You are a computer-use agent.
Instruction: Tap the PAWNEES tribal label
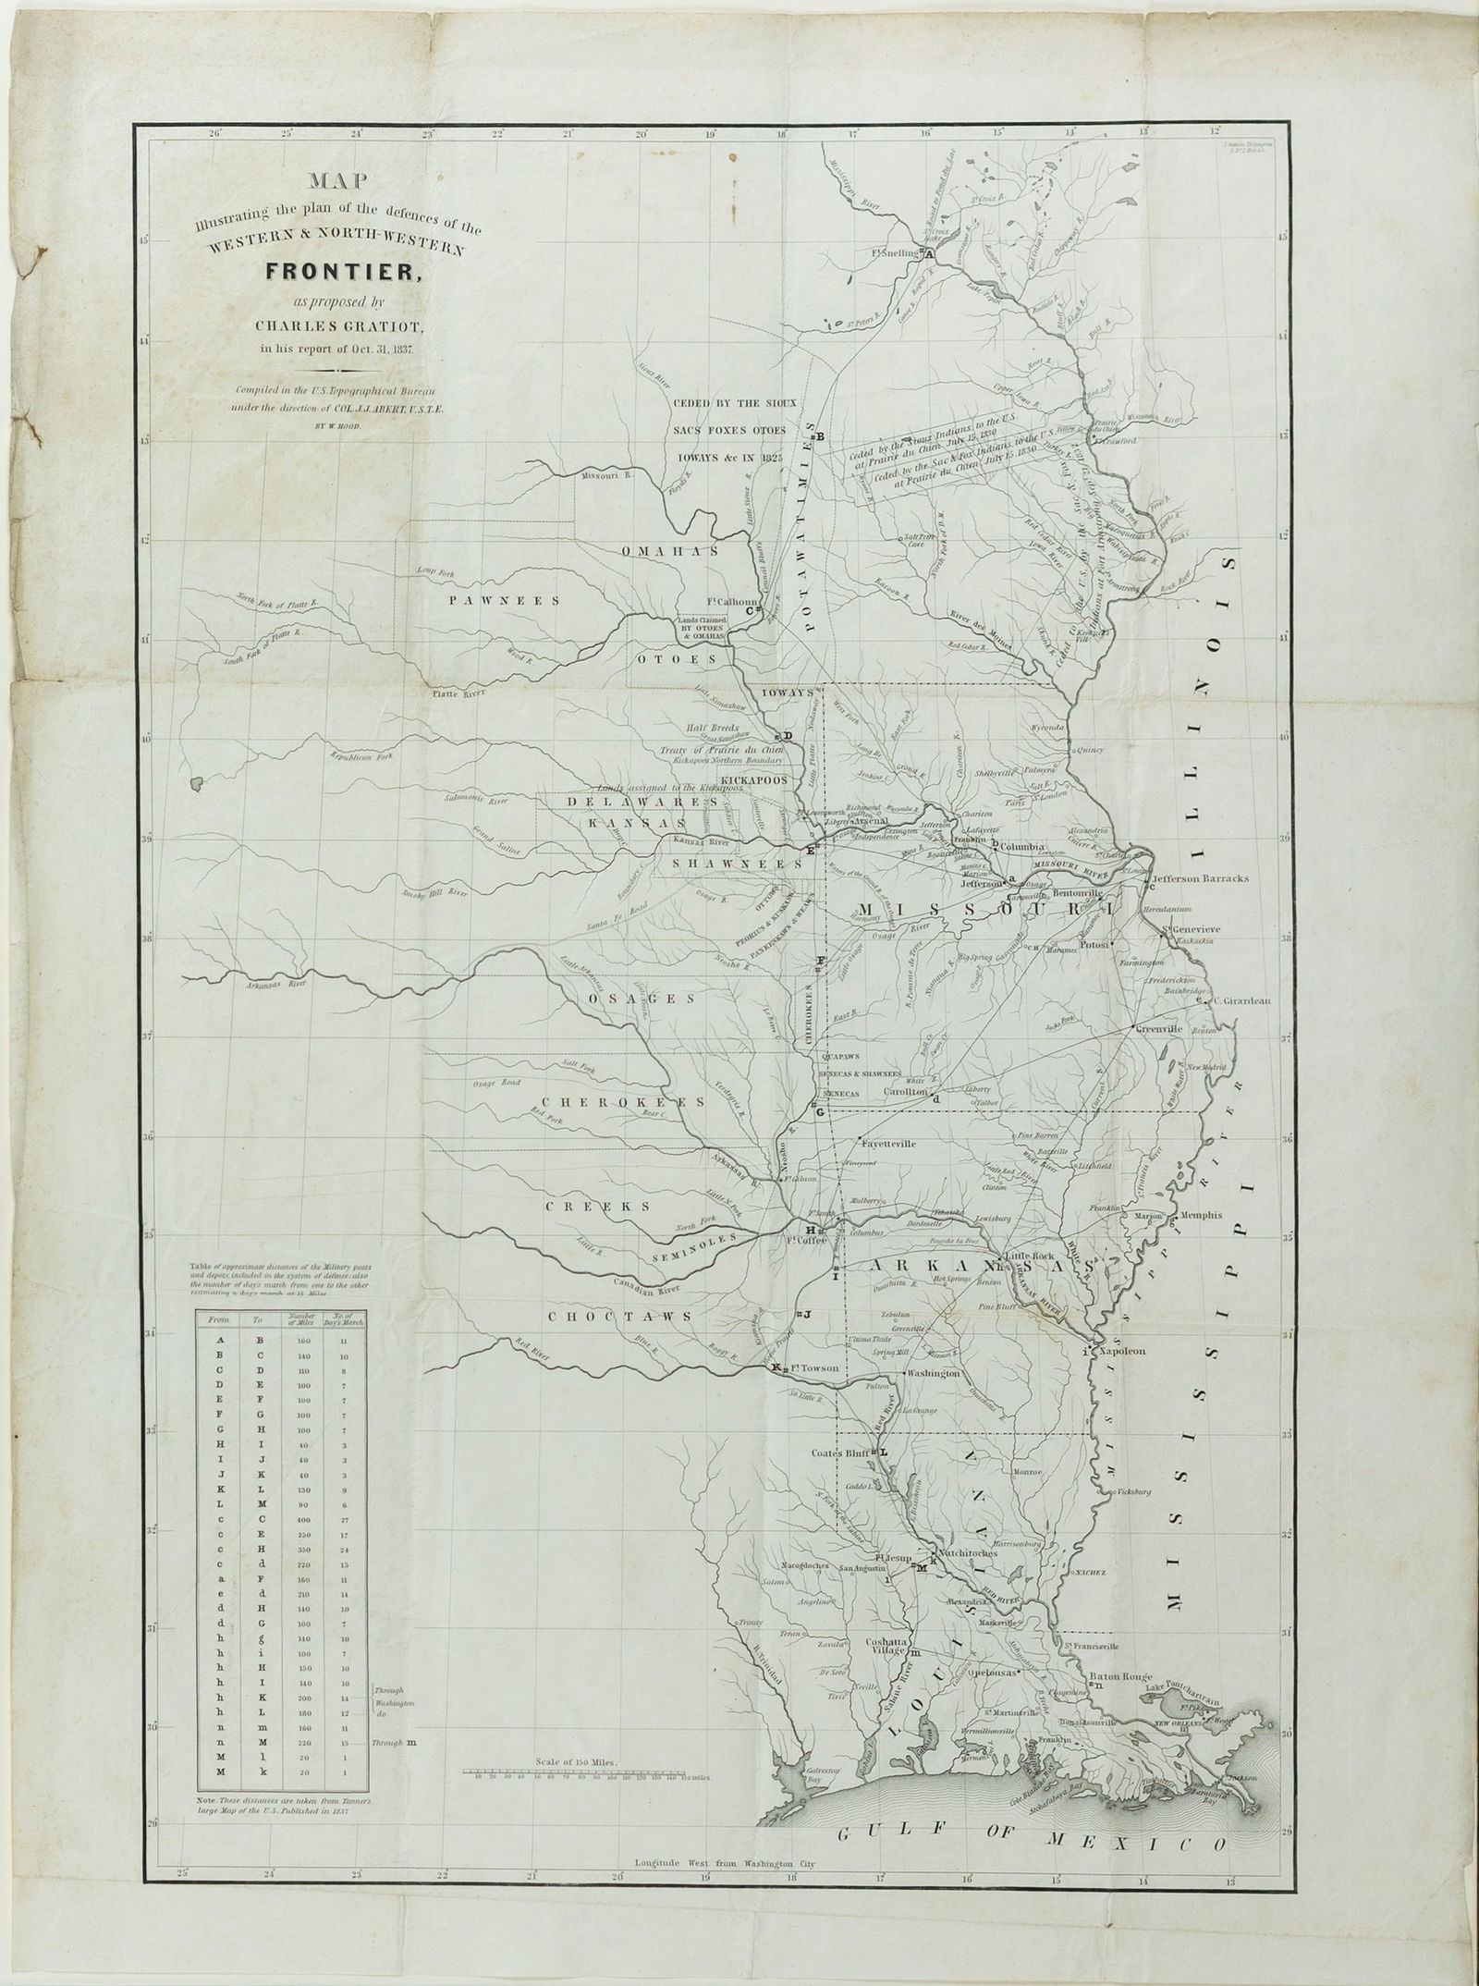pyautogui.click(x=507, y=600)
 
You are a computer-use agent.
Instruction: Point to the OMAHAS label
pyautogui.click(x=669, y=551)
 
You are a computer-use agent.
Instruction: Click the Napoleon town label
pyautogui.click(x=1123, y=1351)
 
